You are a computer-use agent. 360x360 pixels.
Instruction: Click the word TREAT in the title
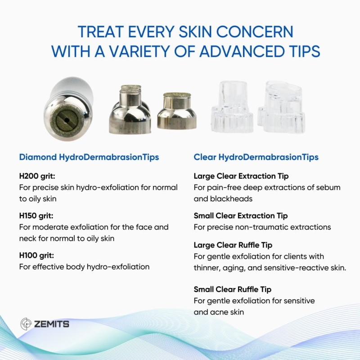coord(101,31)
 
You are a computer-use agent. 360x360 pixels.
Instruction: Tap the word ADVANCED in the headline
coord(242,51)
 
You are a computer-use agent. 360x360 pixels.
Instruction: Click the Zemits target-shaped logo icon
coord(26,324)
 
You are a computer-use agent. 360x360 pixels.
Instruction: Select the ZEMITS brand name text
coord(52,324)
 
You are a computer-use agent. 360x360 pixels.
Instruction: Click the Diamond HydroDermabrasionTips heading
coord(89,157)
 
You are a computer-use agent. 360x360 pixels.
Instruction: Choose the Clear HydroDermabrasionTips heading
coord(256,157)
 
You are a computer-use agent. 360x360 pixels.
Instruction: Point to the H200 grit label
coord(37,176)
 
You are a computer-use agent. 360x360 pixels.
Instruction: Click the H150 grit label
coord(36,216)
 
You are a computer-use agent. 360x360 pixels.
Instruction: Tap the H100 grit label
coord(37,256)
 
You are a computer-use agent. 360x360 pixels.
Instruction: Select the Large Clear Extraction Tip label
coord(241,176)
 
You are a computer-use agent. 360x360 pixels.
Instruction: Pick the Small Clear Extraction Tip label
coord(241,216)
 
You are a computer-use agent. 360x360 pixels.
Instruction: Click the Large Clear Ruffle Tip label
coord(233,245)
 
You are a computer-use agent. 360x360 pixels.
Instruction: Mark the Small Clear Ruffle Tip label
coord(233,289)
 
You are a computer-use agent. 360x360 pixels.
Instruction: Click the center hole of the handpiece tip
coord(67,120)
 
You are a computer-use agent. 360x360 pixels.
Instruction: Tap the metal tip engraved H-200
coord(130,109)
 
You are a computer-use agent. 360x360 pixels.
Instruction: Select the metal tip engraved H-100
coord(177,111)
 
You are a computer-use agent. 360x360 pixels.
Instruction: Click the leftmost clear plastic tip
coord(232,107)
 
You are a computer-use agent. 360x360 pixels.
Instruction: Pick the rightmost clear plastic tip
coord(282,107)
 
